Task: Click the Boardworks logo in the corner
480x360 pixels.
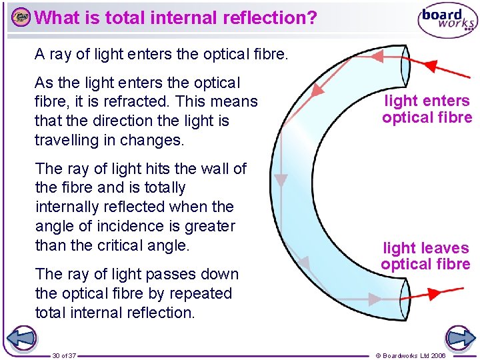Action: click(447, 21)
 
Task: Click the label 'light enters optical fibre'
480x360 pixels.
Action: click(427, 109)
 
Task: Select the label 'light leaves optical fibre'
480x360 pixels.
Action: click(426, 256)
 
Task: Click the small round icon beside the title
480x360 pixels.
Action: click(21, 17)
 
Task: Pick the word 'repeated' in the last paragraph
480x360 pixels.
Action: click(199, 293)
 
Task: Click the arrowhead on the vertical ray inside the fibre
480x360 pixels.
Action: click(281, 180)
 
